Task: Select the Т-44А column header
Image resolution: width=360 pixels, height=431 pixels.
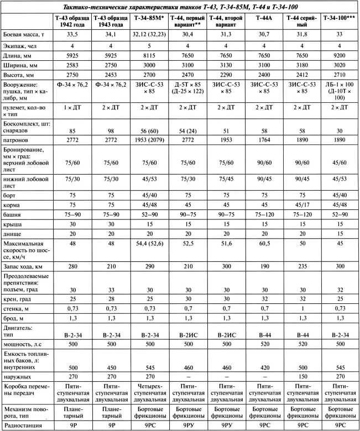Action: coord(264,18)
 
